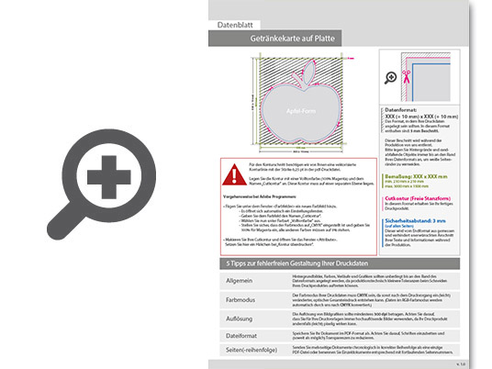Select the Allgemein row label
click(x=237, y=279)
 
